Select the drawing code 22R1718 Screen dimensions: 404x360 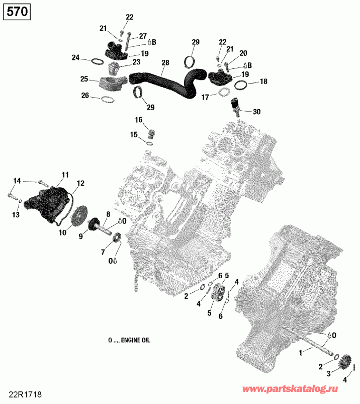point(21,391)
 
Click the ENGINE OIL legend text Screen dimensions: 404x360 point(129,340)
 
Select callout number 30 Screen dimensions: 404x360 point(256,112)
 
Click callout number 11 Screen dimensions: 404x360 point(64,175)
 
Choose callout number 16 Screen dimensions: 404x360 point(138,120)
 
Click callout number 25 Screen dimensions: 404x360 point(84,79)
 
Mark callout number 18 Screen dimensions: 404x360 point(263,82)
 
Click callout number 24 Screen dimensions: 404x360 point(75,58)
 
